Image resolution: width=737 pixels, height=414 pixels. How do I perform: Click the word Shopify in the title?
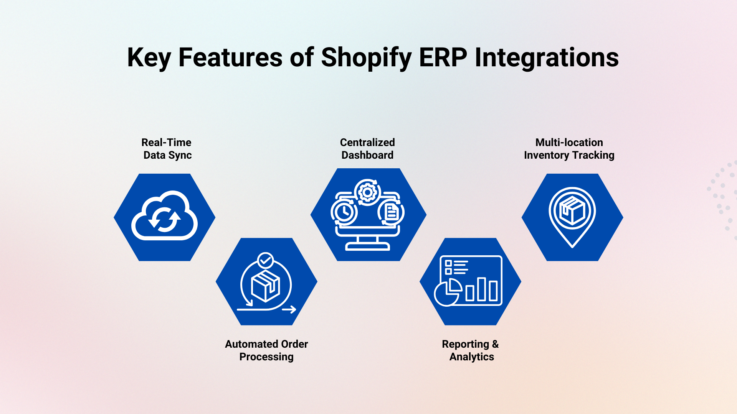pyautogui.click(x=366, y=58)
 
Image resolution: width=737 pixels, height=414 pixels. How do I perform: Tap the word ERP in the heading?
pyautogui.click(x=443, y=58)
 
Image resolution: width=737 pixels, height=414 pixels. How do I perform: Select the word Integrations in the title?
pyautogui.click(x=547, y=58)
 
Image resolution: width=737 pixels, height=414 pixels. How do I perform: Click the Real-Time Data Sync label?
pyautogui.click(x=167, y=149)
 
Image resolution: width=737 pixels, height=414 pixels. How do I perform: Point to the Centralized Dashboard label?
pyautogui.click(x=367, y=149)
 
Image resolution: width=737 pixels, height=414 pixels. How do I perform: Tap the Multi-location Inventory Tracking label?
pyautogui.click(x=569, y=149)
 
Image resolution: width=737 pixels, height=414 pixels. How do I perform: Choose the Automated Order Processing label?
pyautogui.click(x=266, y=350)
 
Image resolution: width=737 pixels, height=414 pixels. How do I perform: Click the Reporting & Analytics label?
pyautogui.click(x=470, y=350)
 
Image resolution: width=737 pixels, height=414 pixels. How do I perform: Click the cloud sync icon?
pyautogui.click(x=165, y=217)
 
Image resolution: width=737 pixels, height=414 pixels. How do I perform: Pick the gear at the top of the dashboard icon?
pyautogui.click(x=367, y=192)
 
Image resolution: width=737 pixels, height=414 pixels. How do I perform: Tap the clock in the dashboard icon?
pyautogui.click(x=344, y=212)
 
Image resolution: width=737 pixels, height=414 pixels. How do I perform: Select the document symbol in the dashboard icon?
pyautogui.click(x=391, y=212)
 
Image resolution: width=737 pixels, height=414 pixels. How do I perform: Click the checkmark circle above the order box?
pyautogui.click(x=265, y=261)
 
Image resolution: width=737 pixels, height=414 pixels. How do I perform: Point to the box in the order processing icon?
pyautogui.click(x=265, y=286)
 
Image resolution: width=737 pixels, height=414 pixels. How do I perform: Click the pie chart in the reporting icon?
pyautogui.click(x=448, y=292)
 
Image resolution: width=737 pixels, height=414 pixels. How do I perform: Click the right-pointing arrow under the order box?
pyautogui.click(x=289, y=309)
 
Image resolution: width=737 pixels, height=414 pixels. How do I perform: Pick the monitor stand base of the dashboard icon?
pyautogui.click(x=367, y=247)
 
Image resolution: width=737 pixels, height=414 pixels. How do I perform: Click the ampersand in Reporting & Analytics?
pyautogui.click(x=495, y=344)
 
